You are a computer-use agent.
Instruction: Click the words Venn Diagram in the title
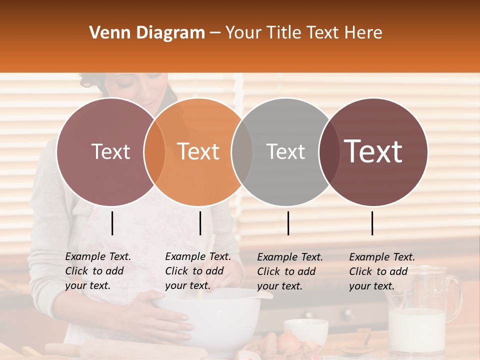coord(147,33)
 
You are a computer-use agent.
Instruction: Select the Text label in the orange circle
coord(198,151)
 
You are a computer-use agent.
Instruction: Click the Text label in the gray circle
coord(285,151)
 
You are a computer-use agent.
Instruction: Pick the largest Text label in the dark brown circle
coord(373,151)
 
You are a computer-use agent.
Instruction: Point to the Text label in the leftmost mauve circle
coord(110,151)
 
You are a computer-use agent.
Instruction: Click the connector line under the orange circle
coord(200,223)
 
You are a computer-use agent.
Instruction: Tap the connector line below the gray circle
coord(288,223)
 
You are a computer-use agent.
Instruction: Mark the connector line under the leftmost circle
coord(112,223)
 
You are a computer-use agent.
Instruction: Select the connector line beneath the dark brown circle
coord(372,223)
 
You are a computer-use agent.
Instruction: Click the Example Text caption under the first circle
coord(98,271)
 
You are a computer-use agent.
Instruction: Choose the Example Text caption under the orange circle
coord(198,271)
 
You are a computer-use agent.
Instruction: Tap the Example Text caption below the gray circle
coord(290,271)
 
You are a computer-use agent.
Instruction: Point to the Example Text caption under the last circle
coord(382,271)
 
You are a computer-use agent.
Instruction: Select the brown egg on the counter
coord(288,342)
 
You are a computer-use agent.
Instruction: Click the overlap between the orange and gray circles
coord(242,151)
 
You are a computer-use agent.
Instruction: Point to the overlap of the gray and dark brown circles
coord(329,151)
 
